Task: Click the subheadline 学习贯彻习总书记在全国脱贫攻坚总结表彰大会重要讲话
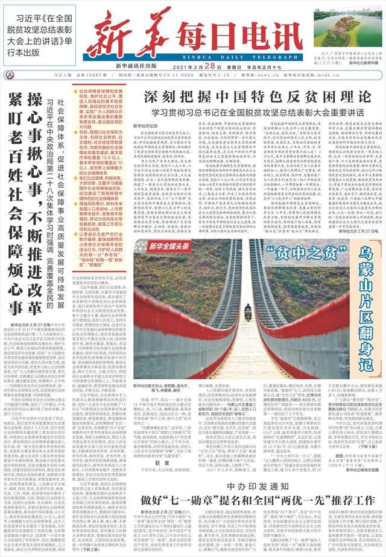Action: (258, 112)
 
